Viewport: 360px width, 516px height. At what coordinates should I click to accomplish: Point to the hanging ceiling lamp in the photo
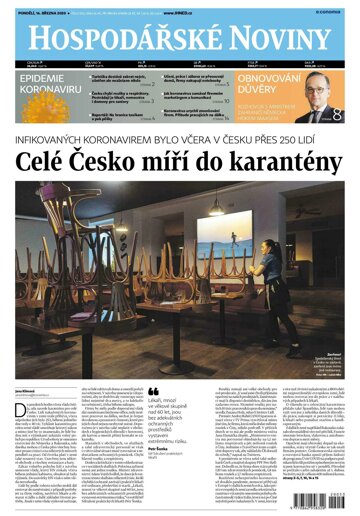(216, 207)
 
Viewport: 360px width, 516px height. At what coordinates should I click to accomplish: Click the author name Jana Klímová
(26, 364)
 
